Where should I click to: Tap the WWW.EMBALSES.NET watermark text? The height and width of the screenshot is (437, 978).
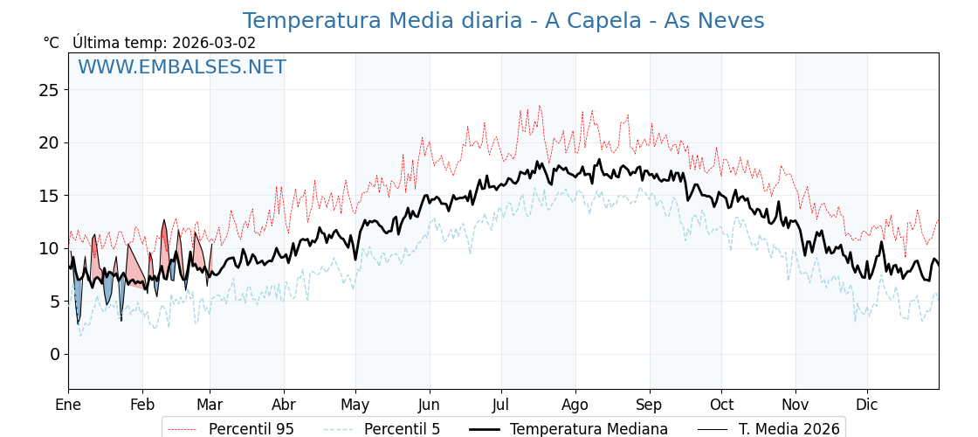coord(182,67)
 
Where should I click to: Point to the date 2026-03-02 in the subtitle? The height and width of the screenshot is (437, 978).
coord(214,43)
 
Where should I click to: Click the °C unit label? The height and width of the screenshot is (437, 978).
coord(51,43)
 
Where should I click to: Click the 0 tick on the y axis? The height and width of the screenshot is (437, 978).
coord(54,354)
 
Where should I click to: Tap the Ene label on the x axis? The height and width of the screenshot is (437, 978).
coord(68,405)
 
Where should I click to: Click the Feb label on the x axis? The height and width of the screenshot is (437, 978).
coord(142,405)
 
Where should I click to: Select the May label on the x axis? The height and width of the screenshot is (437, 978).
coord(355,405)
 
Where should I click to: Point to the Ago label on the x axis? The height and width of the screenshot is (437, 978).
coord(575,405)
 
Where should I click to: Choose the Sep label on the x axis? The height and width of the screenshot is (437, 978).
coord(650,405)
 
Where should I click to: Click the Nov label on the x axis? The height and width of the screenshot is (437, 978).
coord(795,405)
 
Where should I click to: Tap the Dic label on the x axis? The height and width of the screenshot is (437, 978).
coord(867,405)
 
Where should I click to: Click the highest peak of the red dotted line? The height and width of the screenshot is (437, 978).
coord(540,107)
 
